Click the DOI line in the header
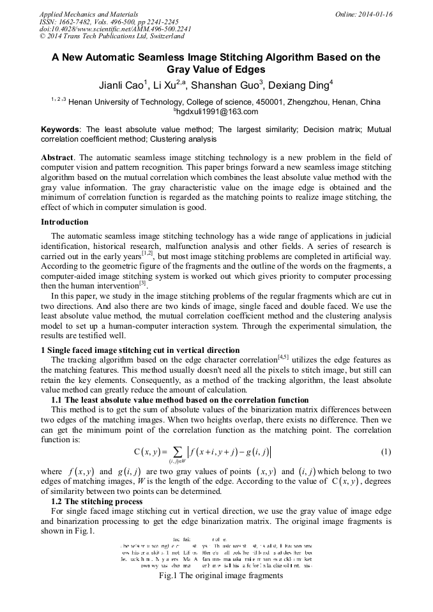pyautogui.click(x=115, y=29)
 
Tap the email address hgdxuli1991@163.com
pyautogui.click(x=216, y=112)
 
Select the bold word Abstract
pyautogui.click(x=57, y=157)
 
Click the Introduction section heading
pyautogui.click(x=65, y=222)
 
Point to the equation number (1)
pyautogui.click(x=385, y=452)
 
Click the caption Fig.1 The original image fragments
pyautogui.click(x=220, y=575)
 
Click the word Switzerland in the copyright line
pyautogui.click(x=160, y=36)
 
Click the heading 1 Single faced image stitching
pyautogui.click(x=140, y=350)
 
